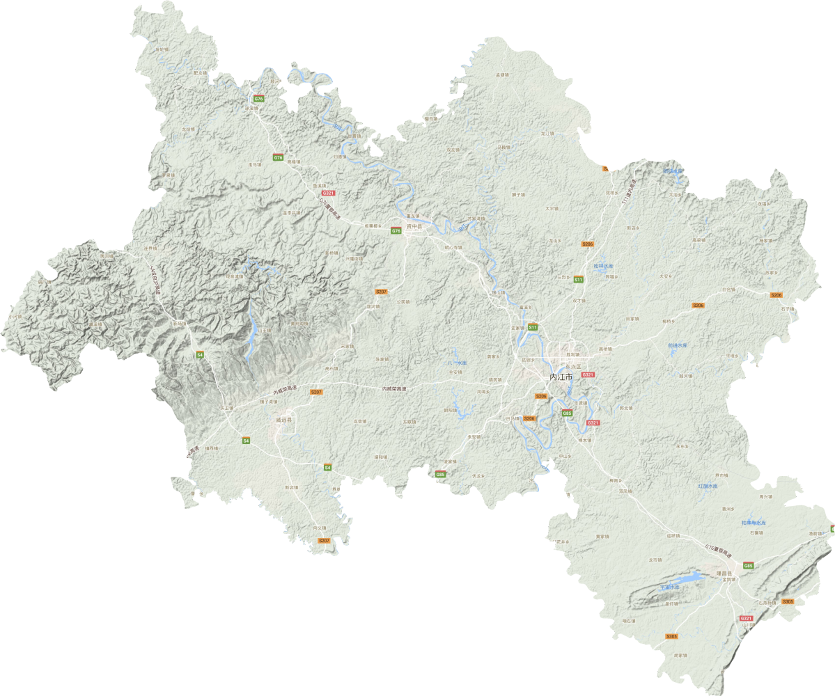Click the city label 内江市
pos(561,377)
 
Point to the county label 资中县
pos(414,226)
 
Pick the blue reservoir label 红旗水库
pos(708,486)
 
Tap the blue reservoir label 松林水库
pos(603,265)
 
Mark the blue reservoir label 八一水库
pos(457,363)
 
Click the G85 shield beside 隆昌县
pos(748,566)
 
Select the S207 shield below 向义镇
pos(324,541)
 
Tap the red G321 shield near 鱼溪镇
pos(329,193)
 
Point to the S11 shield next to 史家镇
pos(533,326)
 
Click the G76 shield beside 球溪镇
pos(259,100)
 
